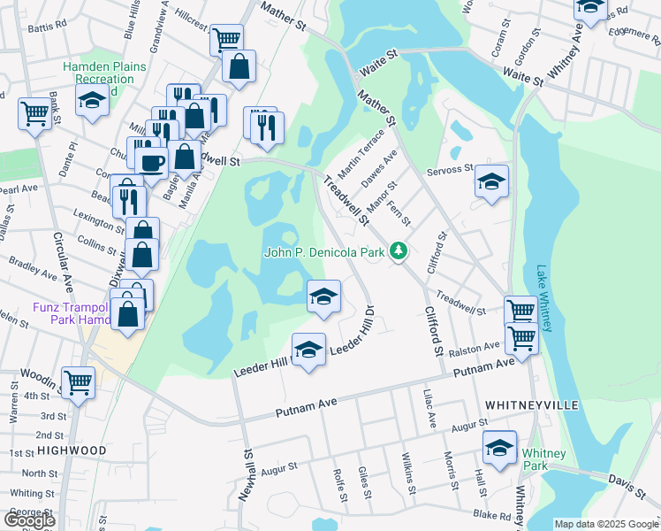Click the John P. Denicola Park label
click(324, 252)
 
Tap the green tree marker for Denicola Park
click(399, 252)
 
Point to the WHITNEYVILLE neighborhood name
click(531, 404)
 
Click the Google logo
click(29, 520)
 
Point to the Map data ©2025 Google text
click(605, 524)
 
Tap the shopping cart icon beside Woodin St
click(79, 383)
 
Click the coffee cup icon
click(150, 163)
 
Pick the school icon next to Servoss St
click(491, 181)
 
